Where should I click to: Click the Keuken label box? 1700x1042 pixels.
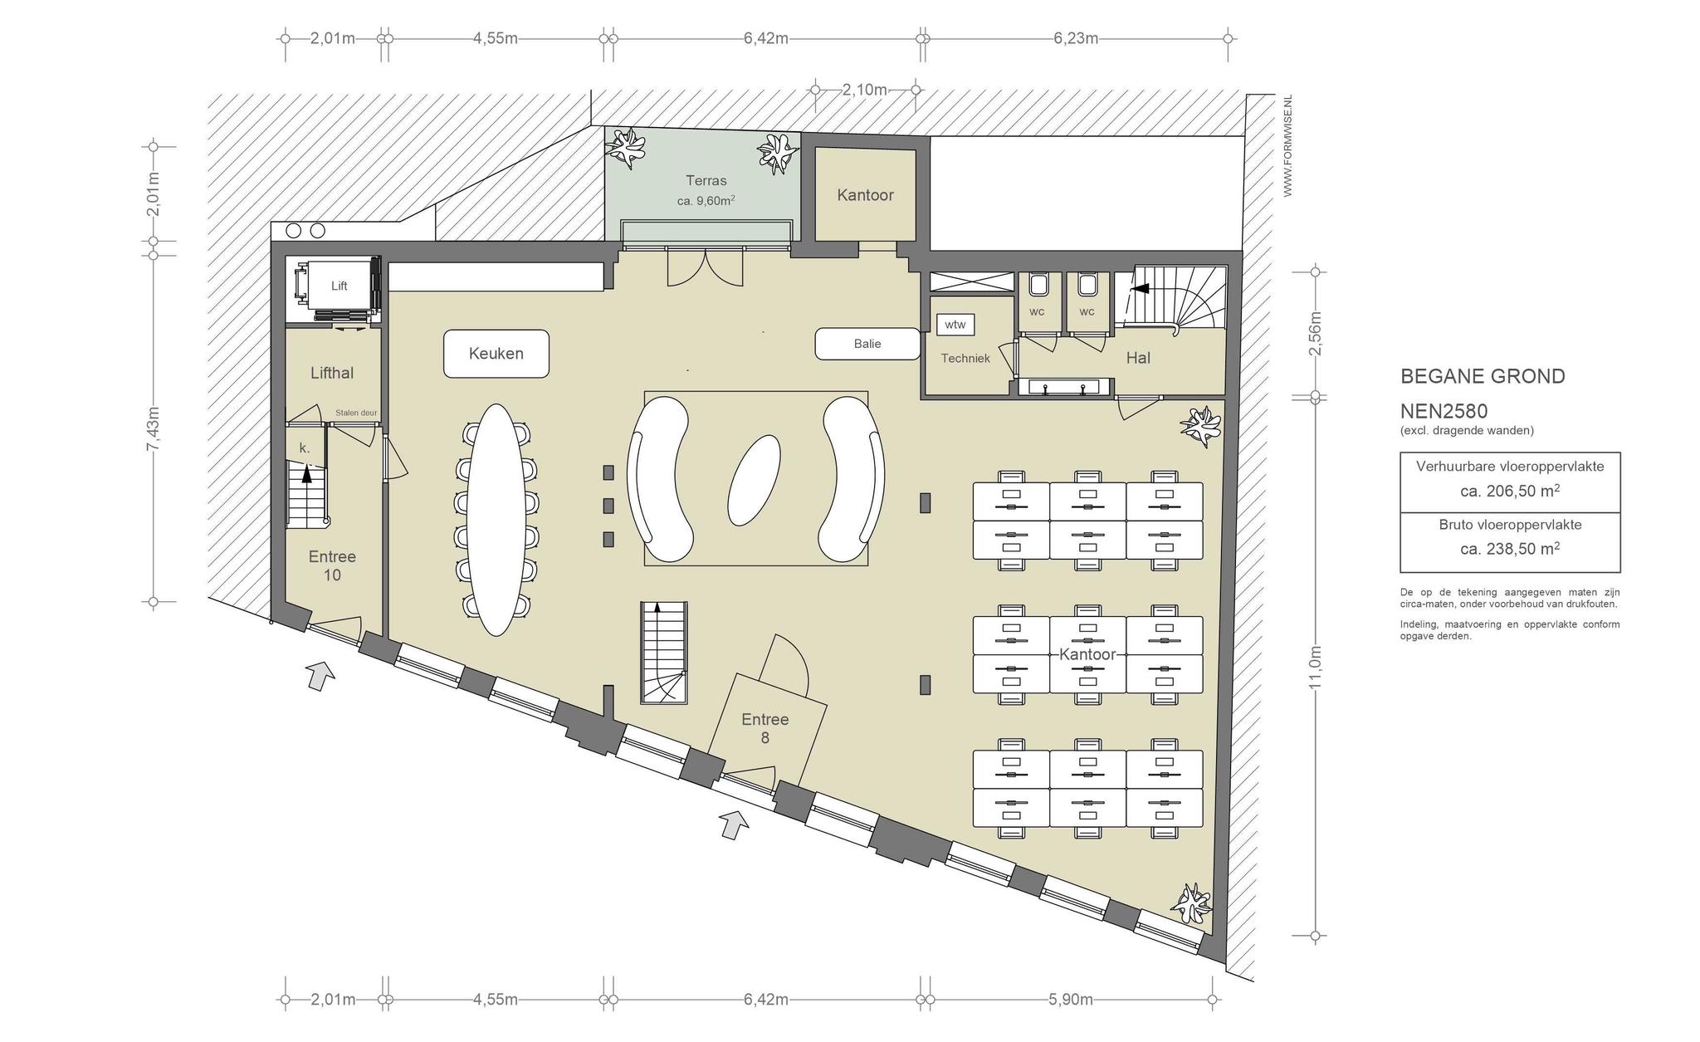[496, 354]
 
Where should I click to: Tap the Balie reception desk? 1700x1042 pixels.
[867, 344]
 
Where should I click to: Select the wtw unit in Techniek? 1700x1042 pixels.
[955, 325]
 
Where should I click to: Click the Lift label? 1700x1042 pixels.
[339, 286]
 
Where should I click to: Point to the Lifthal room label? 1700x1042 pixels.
[332, 373]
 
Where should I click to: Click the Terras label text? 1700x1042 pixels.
[706, 180]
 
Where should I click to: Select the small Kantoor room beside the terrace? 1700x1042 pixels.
[866, 195]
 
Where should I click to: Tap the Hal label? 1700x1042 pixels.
[1138, 358]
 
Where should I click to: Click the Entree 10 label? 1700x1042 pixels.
[332, 565]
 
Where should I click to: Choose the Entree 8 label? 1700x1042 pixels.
[765, 728]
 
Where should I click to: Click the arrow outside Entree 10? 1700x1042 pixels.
[320, 675]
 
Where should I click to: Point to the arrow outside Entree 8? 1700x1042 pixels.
[734, 824]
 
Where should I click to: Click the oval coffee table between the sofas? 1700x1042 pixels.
[755, 480]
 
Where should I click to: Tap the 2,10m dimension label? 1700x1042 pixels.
[865, 90]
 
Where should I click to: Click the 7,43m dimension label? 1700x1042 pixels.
[153, 428]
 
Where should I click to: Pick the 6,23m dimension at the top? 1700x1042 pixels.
[1076, 38]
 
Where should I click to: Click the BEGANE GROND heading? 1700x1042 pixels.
[1483, 376]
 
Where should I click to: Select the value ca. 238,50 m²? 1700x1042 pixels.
[1510, 549]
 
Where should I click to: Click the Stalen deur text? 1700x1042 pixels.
[356, 413]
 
